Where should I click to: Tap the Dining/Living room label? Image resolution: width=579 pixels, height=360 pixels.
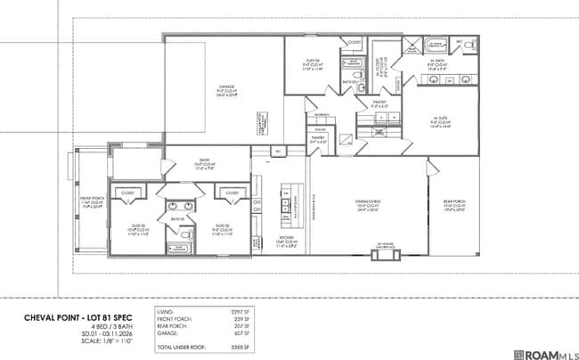coord(368,207)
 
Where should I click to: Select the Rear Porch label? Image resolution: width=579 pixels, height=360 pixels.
coord(454,207)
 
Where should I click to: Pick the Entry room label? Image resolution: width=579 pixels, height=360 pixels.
coord(205,161)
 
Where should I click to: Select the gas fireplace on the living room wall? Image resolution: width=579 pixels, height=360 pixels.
coord(385,255)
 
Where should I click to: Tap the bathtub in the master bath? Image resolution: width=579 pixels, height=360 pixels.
coord(436,44)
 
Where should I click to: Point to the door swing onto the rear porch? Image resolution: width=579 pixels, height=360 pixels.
coord(436,169)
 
